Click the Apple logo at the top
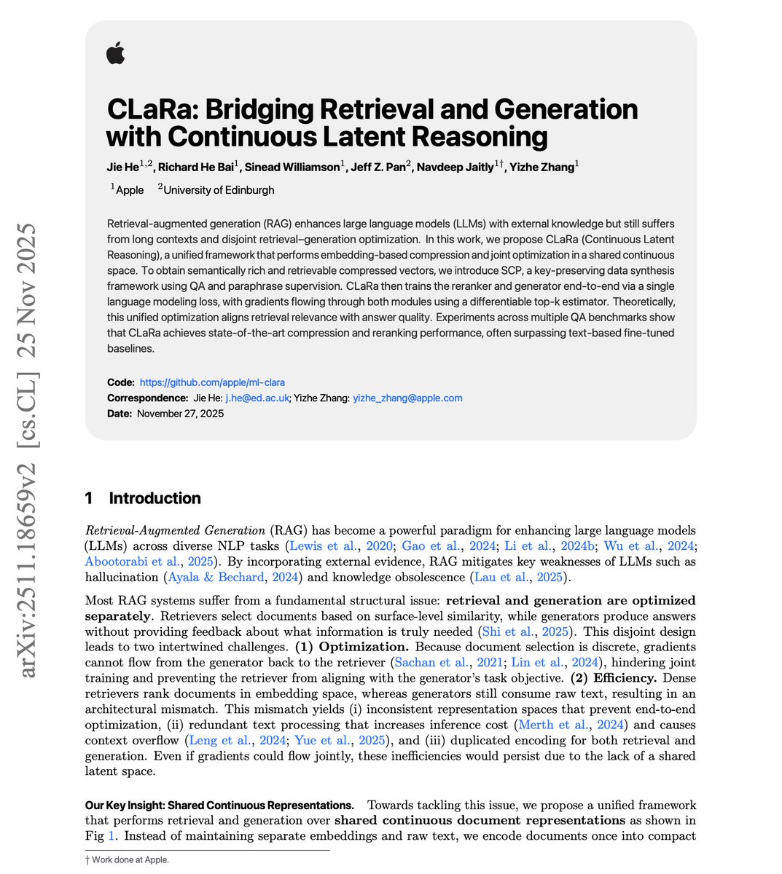click(115, 53)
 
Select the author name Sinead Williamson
click(291, 167)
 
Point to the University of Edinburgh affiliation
click(219, 190)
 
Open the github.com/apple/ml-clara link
click(212, 382)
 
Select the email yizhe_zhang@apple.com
click(407, 398)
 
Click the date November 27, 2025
click(179, 413)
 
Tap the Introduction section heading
click(155, 498)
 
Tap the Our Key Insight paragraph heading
click(219, 805)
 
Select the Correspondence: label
click(147, 398)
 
